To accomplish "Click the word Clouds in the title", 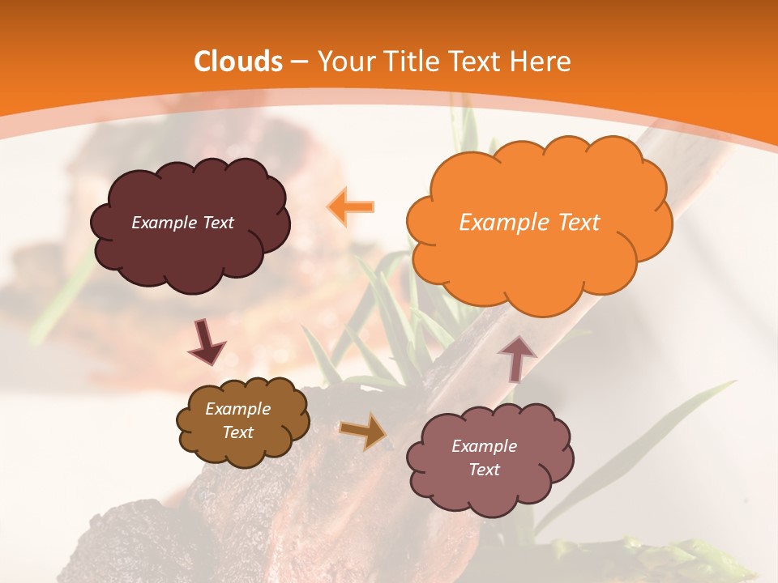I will coord(237,62).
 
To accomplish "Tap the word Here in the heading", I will coord(541,62).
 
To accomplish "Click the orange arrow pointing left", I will coord(351,206).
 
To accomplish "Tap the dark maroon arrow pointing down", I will coord(207,344).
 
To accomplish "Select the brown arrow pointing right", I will coord(363,431).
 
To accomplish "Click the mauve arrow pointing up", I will coord(516,358).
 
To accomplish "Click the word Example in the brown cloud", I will coord(237,409).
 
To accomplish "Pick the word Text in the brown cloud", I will coord(237,432).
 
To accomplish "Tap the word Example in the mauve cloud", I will coord(484,446).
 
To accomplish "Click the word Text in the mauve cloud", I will coord(484,470).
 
